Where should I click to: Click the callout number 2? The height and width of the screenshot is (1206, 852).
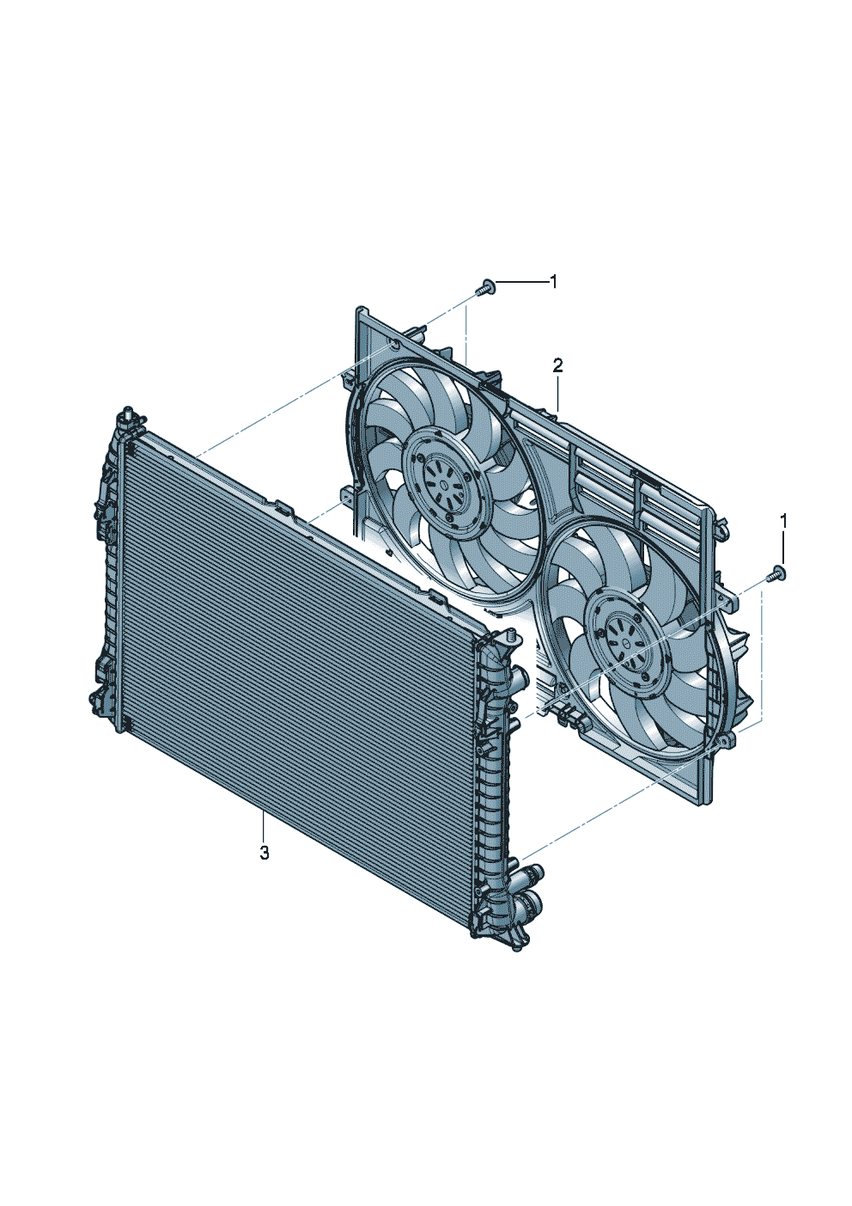[557, 366]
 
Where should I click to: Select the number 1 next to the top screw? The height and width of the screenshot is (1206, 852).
[553, 282]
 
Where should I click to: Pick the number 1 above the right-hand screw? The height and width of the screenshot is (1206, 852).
[783, 521]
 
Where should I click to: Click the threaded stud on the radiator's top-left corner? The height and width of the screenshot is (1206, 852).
[128, 413]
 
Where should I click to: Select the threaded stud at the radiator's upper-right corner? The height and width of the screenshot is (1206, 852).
[508, 638]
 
